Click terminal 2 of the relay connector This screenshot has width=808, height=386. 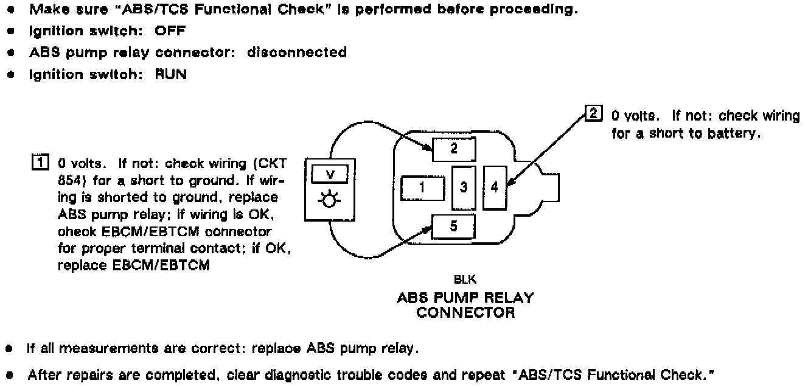coord(454,149)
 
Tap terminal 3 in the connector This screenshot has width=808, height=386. coord(463,188)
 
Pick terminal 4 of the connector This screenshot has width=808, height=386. coord(494,188)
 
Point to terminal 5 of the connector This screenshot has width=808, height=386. coord(454,226)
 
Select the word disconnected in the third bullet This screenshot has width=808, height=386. coord(297,52)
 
